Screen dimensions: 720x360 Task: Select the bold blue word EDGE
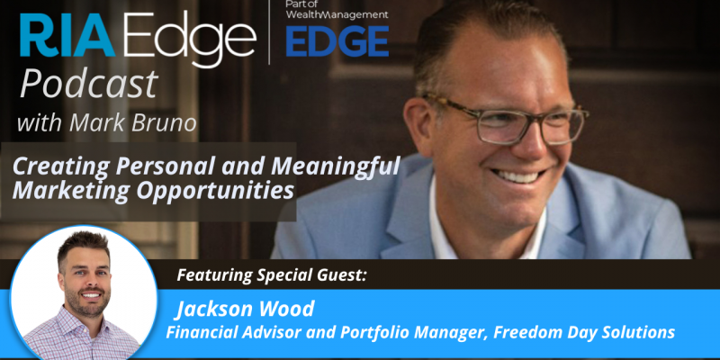tap(337, 41)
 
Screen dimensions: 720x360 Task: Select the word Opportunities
tap(215, 191)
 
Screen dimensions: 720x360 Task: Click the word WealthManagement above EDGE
tap(337, 14)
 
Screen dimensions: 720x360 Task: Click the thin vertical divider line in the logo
tap(269, 32)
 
